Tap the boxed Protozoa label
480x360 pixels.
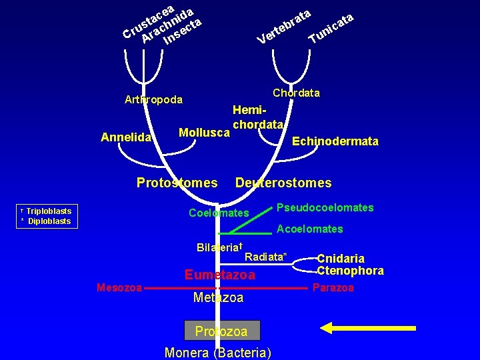[x=221, y=331]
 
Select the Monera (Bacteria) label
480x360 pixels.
[x=217, y=353]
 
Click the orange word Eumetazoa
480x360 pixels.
[x=219, y=275]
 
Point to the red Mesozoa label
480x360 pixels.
[x=119, y=287]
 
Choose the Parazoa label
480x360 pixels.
[x=333, y=288]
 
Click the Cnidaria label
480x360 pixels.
[x=341, y=259]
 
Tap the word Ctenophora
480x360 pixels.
[x=350, y=271]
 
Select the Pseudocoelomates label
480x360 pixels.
[x=325, y=208]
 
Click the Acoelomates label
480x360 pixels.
[x=310, y=229]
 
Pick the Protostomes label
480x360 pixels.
[x=177, y=183]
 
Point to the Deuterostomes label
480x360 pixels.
[x=283, y=183]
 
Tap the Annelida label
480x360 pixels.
[x=125, y=138]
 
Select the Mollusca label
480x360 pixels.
[x=204, y=133]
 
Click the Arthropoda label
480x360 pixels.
[x=153, y=100]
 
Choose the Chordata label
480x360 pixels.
[x=296, y=93]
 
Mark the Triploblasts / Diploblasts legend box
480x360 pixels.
[x=45, y=216]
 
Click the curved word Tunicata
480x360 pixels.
[x=331, y=28]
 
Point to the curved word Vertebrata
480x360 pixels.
[x=284, y=27]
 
